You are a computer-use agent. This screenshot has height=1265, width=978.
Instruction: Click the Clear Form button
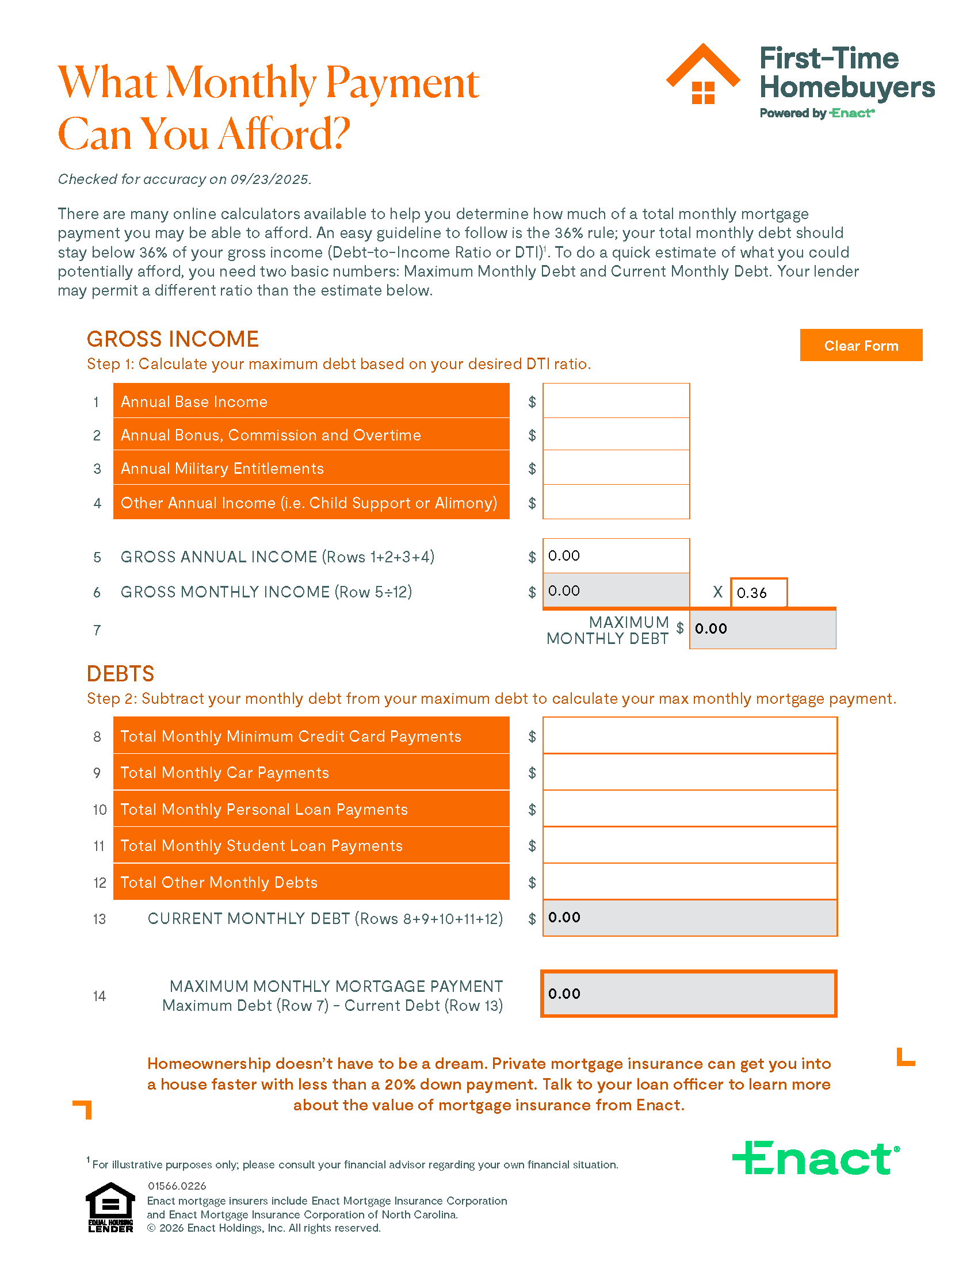(861, 345)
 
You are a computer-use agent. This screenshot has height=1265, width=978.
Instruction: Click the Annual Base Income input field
(616, 401)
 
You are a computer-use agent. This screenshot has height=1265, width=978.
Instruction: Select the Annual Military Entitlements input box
(616, 467)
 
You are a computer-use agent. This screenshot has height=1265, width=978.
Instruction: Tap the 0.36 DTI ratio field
(758, 592)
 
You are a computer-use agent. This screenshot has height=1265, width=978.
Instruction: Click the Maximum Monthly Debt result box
(762, 628)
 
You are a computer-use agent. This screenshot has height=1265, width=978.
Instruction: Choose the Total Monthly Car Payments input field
(689, 772)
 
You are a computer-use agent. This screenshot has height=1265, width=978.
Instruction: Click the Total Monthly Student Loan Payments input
(689, 845)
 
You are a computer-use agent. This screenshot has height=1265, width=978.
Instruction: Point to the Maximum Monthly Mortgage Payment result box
(688, 994)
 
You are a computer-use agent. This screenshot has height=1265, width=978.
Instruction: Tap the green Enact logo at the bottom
(815, 1158)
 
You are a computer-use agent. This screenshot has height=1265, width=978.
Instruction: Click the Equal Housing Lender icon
(110, 1207)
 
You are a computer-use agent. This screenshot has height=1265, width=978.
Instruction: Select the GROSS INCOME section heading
(173, 339)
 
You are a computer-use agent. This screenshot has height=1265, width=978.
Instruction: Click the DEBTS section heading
(120, 674)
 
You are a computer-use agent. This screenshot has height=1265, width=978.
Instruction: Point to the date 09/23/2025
(269, 179)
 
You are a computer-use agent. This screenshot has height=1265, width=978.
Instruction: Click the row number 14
(99, 996)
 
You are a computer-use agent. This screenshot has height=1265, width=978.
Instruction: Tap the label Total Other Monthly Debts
(219, 882)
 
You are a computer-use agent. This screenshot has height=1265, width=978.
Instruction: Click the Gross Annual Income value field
(616, 555)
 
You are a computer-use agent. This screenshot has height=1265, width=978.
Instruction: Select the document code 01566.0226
(177, 1186)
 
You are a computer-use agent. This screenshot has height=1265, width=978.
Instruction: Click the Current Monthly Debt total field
(689, 918)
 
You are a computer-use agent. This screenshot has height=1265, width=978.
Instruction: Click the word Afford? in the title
(284, 135)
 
